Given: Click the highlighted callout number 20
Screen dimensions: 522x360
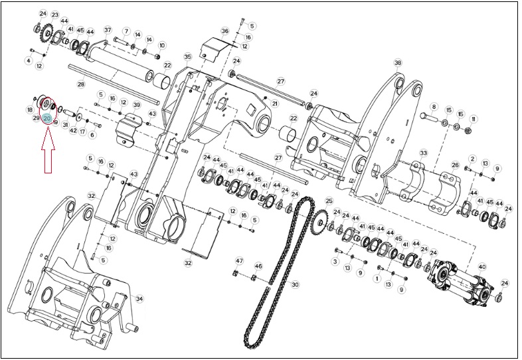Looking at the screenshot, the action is [47, 118].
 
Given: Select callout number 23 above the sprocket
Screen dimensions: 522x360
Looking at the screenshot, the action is [55, 15].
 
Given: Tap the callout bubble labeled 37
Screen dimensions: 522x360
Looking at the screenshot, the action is [108, 30].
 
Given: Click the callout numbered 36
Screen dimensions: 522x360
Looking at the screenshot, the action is [225, 31].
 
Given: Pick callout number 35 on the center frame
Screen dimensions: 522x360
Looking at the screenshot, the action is [188, 56].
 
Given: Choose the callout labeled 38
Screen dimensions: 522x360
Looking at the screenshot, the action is [398, 62].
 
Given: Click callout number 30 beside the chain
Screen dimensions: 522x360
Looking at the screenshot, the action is [296, 284].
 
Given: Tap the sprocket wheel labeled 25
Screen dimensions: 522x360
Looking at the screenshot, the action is [320, 223].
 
